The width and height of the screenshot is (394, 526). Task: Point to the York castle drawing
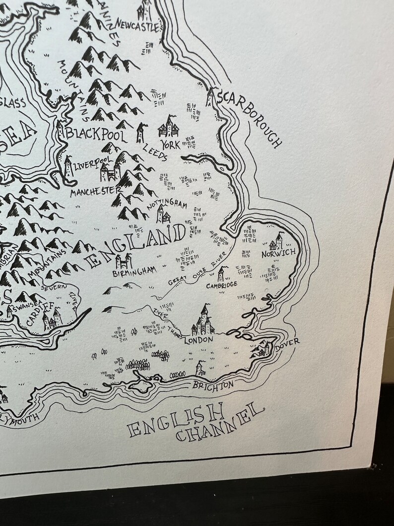click(168, 127)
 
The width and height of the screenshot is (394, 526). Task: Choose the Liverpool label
click(91, 164)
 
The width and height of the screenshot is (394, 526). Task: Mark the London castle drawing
click(203, 322)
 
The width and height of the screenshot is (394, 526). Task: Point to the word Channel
click(219, 426)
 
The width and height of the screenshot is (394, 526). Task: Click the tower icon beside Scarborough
click(210, 97)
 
